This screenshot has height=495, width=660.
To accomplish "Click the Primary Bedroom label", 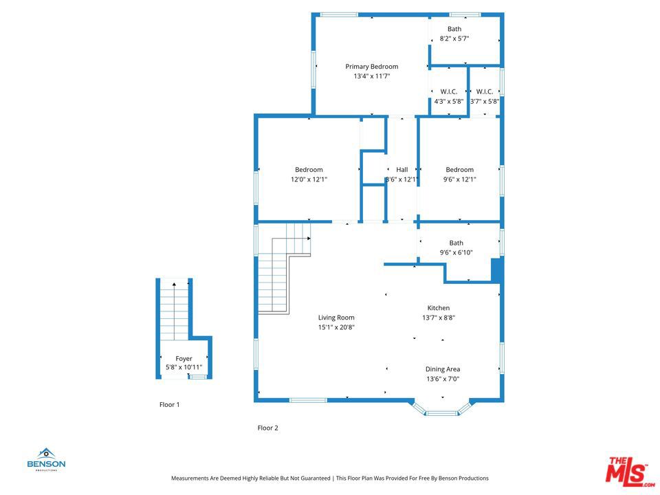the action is pyautogui.click(x=372, y=67).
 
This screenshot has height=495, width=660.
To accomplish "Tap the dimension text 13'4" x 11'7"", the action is pyautogui.click(x=372, y=76).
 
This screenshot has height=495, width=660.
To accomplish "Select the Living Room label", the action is pyautogui.click(x=336, y=318).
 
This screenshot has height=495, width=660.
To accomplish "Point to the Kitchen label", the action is pyautogui.click(x=439, y=308).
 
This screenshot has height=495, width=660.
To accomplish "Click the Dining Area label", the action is pyautogui.click(x=443, y=369).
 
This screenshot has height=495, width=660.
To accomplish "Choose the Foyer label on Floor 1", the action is pyautogui.click(x=184, y=359).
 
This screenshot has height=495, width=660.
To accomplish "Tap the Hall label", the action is pyautogui.click(x=402, y=170).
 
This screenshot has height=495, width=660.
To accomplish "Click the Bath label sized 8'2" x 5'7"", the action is pyautogui.click(x=454, y=29).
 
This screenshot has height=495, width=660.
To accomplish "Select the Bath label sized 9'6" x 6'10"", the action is pyautogui.click(x=456, y=243).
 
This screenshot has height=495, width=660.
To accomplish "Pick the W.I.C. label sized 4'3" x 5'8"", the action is pyautogui.click(x=449, y=91).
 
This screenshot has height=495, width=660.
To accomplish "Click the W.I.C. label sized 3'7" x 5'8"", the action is pyautogui.click(x=485, y=91).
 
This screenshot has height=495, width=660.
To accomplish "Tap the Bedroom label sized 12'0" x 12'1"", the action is pyautogui.click(x=309, y=170).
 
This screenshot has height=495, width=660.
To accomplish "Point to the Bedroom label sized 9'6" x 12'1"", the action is pyautogui.click(x=460, y=170).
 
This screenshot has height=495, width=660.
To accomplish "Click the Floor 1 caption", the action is pyautogui.click(x=170, y=404).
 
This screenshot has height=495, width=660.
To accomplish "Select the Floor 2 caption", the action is pyautogui.click(x=268, y=428).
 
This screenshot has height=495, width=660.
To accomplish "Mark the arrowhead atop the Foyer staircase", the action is pyautogui.click(x=174, y=285).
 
